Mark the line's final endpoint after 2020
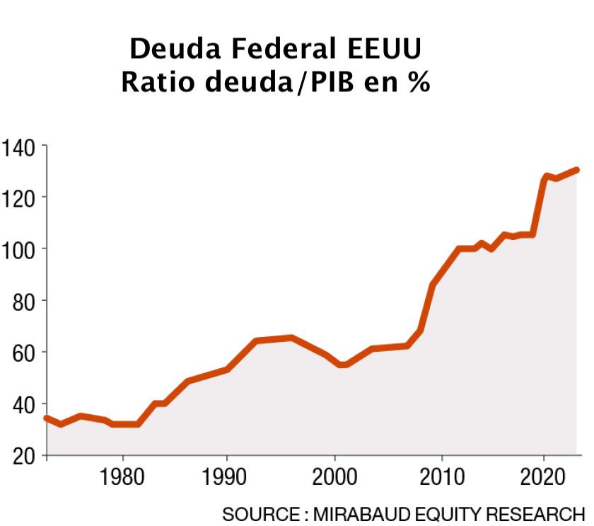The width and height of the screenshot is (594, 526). pyautogui.click(x=576, y=170)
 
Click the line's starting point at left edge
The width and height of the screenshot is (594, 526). pyautogui.click(x=46, y=418)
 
